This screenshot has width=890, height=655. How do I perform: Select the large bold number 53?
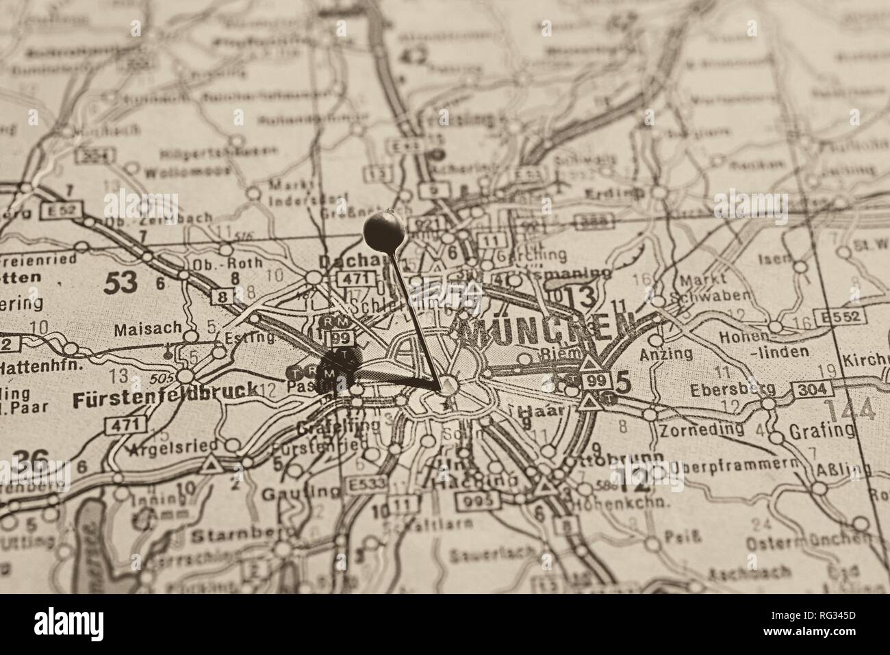pyautogui.click(x=120, y=282)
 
